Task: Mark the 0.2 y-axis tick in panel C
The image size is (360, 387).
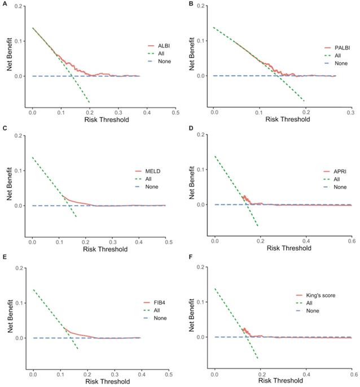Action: tap(20, 136)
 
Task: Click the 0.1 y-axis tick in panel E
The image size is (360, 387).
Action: tap(20, 303)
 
